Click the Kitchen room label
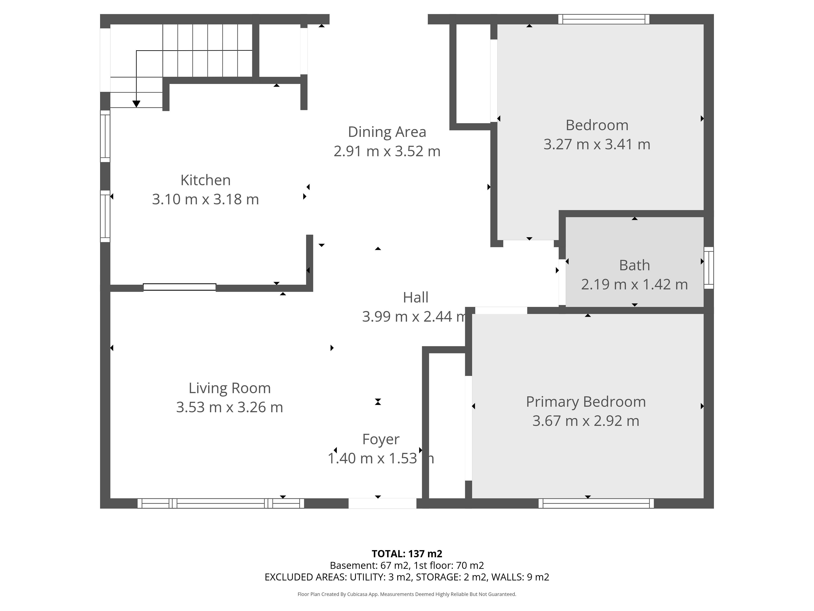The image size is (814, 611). click(x=205, y=180)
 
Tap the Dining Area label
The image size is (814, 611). click(x=387, y=132)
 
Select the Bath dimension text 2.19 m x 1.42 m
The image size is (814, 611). click(x=634, y=284)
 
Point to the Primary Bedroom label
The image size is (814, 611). click(x=586, y=402)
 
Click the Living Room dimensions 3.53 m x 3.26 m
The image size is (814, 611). click(x=230, y=407)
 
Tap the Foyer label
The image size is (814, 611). click(x=381, y=439)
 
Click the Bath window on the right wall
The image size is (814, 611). click(x=709, y=268)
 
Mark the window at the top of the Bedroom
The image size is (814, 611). click(x=604, y=19)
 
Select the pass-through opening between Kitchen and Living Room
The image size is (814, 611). click(x=180, y=287)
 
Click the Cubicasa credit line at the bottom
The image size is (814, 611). click(x=407, y=594)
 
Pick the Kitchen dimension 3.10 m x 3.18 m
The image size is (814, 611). click(x=205, y=199)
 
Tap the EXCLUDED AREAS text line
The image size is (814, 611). click(x=407, y=577)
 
